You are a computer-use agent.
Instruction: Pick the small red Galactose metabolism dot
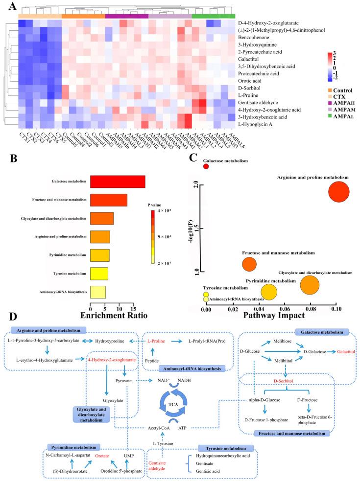point(206,167)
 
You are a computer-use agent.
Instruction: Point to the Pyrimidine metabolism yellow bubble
point(269,292)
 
